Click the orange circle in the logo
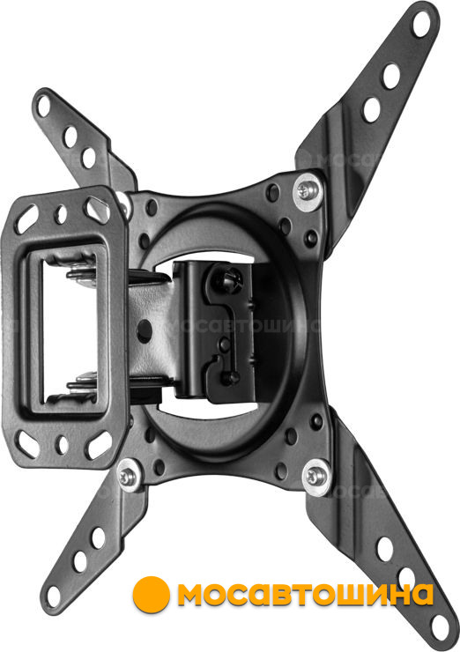[151, 594]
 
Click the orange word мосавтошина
[305, 594]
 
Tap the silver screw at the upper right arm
[308, 190]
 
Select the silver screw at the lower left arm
[128, 477]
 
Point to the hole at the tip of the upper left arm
[43, 106]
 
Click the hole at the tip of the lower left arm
[53, 596]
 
